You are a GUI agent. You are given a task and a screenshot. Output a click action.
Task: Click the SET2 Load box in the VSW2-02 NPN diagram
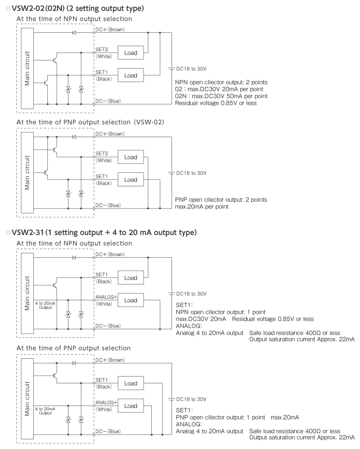[130, 53]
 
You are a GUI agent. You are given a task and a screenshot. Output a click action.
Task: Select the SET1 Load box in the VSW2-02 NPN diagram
[130, 75]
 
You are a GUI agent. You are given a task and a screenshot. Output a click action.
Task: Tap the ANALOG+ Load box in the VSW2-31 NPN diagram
[130, 300]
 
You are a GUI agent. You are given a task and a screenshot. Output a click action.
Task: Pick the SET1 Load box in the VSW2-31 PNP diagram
[130, 383]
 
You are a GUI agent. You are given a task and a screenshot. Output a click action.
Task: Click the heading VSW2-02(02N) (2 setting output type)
[78, 8]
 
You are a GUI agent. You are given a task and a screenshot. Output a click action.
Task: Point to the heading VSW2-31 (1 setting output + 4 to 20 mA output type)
[104, 232]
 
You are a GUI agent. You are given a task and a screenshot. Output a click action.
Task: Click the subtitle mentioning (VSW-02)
[90, 122]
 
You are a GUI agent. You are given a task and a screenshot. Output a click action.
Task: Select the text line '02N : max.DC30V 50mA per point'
[221, 96]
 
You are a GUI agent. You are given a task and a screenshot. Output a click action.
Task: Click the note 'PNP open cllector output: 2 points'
[221, 199]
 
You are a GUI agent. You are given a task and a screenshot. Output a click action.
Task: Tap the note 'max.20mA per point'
[202, 207]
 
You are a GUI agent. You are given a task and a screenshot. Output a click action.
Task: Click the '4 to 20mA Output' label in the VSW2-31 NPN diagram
[45, 305]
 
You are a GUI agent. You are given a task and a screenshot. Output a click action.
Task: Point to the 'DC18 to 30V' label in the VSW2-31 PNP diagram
[191, 399]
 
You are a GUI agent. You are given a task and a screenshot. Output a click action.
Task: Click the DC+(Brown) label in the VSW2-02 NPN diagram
[110, 29]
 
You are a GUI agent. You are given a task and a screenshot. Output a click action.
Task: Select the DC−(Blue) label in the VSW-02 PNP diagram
[108, 205]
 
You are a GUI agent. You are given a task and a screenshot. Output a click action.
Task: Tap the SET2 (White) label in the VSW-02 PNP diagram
[103, 157]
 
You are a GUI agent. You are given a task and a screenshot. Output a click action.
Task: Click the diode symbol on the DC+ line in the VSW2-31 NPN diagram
[74, 258]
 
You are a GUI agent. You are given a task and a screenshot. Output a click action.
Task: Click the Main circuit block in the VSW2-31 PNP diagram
[28, 399]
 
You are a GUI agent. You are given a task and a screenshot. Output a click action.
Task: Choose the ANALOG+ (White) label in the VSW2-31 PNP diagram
[106, 406]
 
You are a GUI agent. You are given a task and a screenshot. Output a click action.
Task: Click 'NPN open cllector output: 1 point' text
[221, 312]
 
